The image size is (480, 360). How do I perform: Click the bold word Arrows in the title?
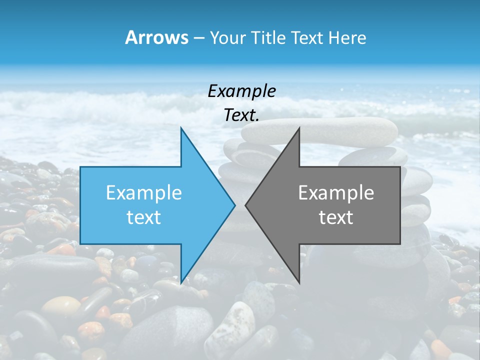click(x=156, y=38)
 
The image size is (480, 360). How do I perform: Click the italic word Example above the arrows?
click(x=241, y=91)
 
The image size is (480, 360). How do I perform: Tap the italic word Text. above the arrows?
click(x=241, y=115)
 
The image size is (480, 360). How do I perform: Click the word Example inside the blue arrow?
click(x=144, y=192)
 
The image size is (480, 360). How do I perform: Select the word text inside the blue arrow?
click(x=144, y=217)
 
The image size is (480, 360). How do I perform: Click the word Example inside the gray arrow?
click(x=336, y=192)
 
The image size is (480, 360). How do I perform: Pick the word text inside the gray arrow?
click(x=336, y=217)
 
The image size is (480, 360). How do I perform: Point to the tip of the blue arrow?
click(x=234, y=204)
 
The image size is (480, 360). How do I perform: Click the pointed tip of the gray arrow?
click(x=246, y=204)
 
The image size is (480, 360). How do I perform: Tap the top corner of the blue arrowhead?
click(x=181, y=128)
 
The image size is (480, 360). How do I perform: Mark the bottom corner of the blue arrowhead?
click(x=181, y=282)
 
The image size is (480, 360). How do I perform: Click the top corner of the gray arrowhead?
click(x=299, y=128)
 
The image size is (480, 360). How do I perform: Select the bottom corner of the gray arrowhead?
click(x=299, y=282)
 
